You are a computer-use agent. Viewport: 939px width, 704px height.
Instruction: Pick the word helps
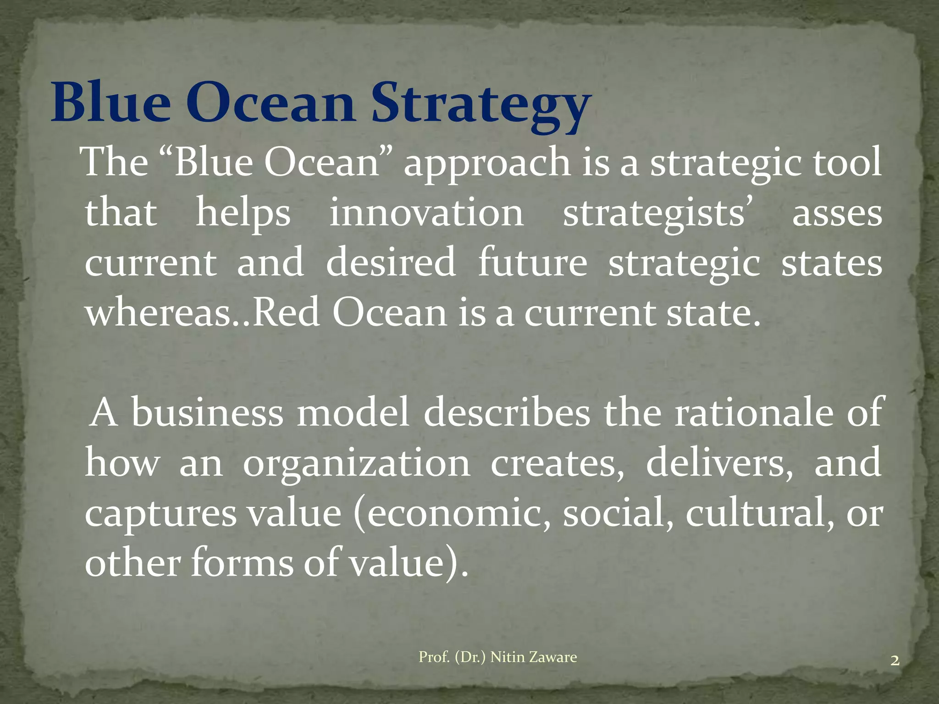(x=243, y=214)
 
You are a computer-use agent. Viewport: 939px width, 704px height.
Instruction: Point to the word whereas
(x=158, y=313)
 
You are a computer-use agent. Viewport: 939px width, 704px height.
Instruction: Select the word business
(x=208, y=412)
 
